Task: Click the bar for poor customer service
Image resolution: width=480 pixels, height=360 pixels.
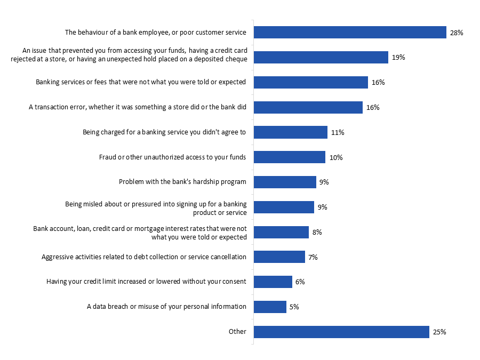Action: tap(350, 33)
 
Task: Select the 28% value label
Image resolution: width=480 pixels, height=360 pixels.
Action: tap(457, 33)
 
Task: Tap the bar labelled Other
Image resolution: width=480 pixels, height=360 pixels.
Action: tap(341, 332)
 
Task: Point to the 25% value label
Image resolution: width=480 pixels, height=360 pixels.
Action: tap(439, 332)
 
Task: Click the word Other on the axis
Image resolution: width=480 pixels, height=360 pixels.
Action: tap(237, 332)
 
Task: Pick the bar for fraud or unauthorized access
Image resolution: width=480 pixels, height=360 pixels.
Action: tap(289, 157)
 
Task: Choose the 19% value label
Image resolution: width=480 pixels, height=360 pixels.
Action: tap(398, 58)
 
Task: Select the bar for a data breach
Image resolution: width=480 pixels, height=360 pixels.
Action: tap(270, 307)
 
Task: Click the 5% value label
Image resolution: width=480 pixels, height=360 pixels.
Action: tap(294, 307)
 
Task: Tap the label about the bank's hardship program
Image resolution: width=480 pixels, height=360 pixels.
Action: tap(182, 182)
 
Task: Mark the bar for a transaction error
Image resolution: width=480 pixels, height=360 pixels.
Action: tap(308, 107)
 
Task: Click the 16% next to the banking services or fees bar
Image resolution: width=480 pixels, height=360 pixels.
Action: tap(378, 83)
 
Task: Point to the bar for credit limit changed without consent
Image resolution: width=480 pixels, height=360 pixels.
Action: tap(273, 282)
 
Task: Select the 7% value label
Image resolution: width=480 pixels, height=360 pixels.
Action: tap(313, 257)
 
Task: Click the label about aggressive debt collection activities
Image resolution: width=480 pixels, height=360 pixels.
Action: tap(144, 257)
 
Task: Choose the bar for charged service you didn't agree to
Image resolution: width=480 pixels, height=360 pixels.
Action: tap(290, 132)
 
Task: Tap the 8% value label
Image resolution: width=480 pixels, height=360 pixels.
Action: tap(317, 232)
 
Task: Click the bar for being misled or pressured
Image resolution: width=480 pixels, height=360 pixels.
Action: tap(284, 207)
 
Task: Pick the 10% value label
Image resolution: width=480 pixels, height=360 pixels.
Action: tap(336, 157)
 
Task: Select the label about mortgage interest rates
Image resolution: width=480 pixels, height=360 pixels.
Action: tap(140, 233)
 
